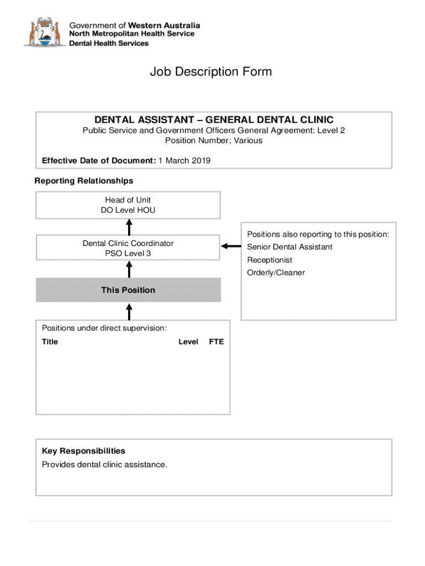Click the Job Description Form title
[211, 72]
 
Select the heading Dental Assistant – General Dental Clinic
[214, 120]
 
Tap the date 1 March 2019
[184, 161]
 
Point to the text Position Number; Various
[214, 140]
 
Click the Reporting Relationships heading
[84, 181]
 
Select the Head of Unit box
[128, 205]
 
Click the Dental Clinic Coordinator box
[128, 248]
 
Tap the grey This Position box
[128, 290]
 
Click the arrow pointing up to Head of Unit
[129, 227]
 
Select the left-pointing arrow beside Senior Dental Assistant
[231, 247]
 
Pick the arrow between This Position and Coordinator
[129, 269]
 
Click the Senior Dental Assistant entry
[290, 247]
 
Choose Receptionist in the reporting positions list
[270, 260]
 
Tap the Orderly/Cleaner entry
[276, 272]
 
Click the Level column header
[188, 342]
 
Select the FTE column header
[216, 342]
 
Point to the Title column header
[50, 342]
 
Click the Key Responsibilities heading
[83, 451]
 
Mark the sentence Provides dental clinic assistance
[104, 464]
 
